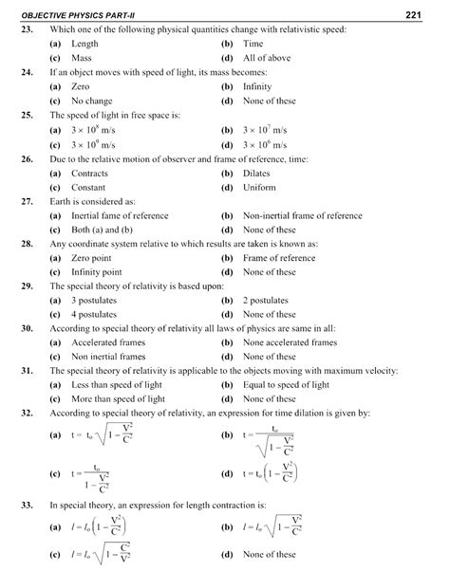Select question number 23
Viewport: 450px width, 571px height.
pos(28,30)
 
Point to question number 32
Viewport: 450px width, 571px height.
pos(28,414)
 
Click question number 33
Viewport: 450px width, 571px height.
pos(28,506)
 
